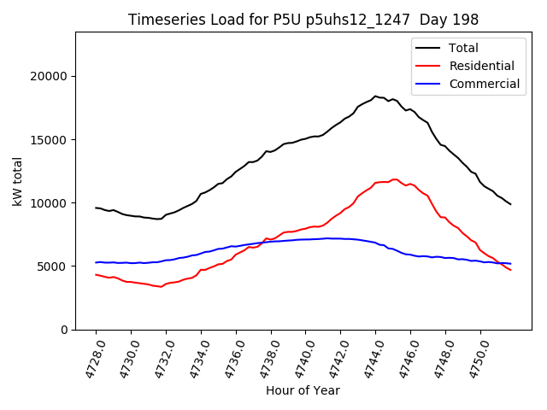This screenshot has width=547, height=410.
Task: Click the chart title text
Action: click(303, 20)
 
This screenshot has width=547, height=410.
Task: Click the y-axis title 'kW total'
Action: click(18, 181)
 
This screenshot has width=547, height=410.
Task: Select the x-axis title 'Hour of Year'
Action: click(303, 390)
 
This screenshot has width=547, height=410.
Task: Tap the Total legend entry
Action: click(463, 49)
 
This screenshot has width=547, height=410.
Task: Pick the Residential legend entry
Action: click(481, 66)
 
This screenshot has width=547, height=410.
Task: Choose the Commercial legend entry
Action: click(484, 84)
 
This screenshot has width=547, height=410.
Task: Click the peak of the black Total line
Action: click(375, 97)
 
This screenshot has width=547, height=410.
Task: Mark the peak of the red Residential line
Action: click(395, 179)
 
